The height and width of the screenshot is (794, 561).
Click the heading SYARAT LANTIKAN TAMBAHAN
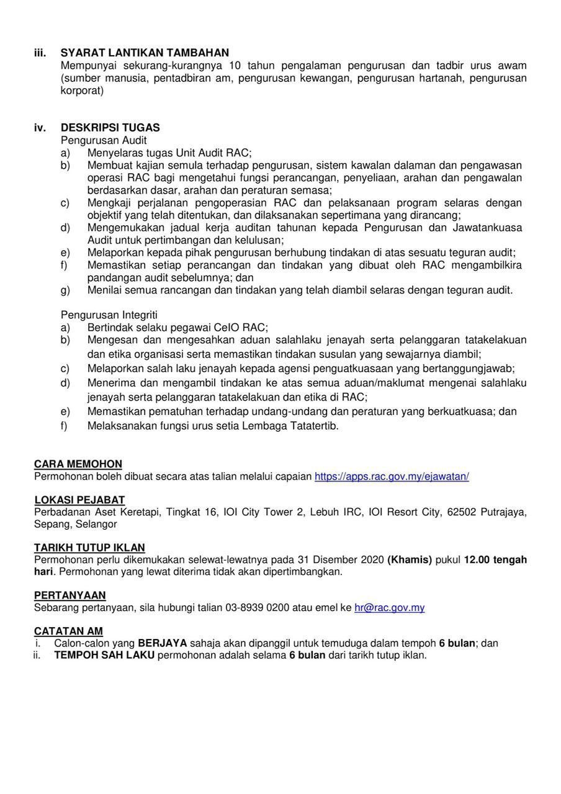click(x=145, y=53)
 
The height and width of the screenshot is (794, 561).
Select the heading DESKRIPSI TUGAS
click(x=110, y=128)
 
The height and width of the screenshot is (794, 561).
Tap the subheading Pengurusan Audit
click(x=104, y=140)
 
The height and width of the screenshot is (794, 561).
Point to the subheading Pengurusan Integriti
click(x=109, y=315)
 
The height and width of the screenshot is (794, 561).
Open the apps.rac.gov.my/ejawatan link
click(x=392, y=476)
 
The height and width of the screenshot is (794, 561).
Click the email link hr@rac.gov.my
click(x=389, y=608)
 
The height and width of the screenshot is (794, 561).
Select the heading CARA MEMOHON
click(x=78, y=464)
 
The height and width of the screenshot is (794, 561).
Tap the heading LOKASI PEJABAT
click(x=79, y=500)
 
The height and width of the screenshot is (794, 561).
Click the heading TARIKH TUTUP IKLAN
click(x=89, y=548)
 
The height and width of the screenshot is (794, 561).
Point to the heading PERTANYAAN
click(x=70, y=595)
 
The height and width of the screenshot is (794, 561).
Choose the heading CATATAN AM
click(x=68, y=631)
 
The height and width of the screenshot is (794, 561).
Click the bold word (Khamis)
click(x=410, y=560)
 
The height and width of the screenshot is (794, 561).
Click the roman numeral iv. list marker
click(x=40, y=128)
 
